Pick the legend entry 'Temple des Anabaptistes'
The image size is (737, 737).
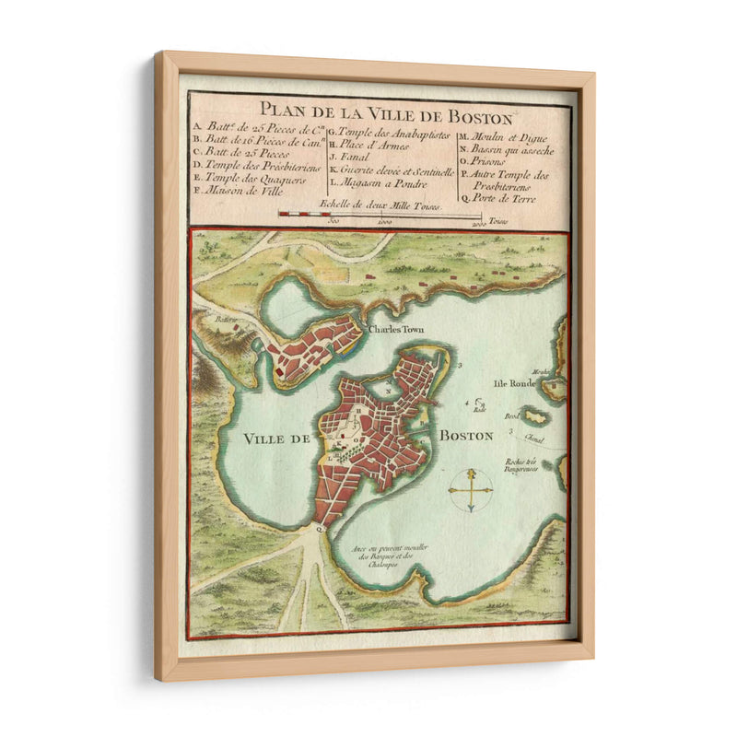tap(391, 132)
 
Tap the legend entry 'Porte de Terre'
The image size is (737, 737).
tap(503, 195)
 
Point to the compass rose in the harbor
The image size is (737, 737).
tap(470, 489)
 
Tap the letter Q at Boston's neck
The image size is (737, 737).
tap(317, 529)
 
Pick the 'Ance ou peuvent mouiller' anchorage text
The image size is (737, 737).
tap(378, 552)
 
